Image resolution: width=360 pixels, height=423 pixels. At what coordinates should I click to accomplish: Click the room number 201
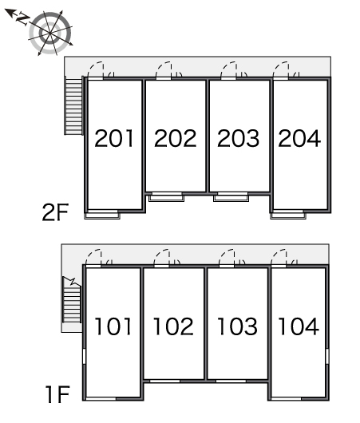114,138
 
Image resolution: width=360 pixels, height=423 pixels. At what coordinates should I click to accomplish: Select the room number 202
175,138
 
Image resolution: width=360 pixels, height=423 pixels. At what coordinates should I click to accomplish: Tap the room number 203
238,138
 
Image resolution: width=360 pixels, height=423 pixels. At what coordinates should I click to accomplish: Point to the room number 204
299,138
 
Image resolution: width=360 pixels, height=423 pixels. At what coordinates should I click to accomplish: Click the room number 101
113,326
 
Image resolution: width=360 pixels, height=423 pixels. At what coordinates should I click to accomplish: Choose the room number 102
173,326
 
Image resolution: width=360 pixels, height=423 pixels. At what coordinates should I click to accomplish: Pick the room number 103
237,326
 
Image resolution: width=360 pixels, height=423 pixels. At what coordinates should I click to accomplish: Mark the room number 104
299,326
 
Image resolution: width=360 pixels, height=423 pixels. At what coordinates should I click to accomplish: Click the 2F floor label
56,212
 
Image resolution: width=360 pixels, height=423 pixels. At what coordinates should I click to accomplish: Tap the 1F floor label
57,394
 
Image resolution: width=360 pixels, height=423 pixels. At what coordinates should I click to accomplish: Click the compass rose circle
50,33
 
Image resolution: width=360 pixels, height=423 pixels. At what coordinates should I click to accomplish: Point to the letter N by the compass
23,19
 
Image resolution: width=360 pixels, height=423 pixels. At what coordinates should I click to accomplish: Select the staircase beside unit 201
73,105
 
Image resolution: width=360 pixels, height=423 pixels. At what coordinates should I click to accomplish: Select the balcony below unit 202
167,198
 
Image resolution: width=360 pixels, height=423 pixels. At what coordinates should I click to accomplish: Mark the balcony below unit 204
288,215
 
